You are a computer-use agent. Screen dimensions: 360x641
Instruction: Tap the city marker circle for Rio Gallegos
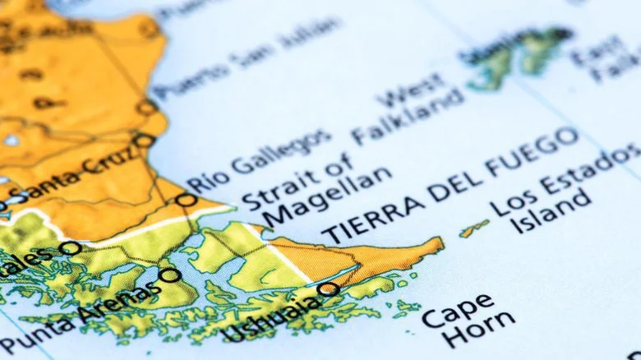(187, 200)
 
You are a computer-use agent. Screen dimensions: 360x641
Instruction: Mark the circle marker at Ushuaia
(328, 288)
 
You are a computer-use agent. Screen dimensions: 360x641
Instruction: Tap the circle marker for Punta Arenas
(169, 275)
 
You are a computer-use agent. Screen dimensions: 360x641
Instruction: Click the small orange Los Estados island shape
(474, 228)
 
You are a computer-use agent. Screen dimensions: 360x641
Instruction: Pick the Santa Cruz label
(74, 178)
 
